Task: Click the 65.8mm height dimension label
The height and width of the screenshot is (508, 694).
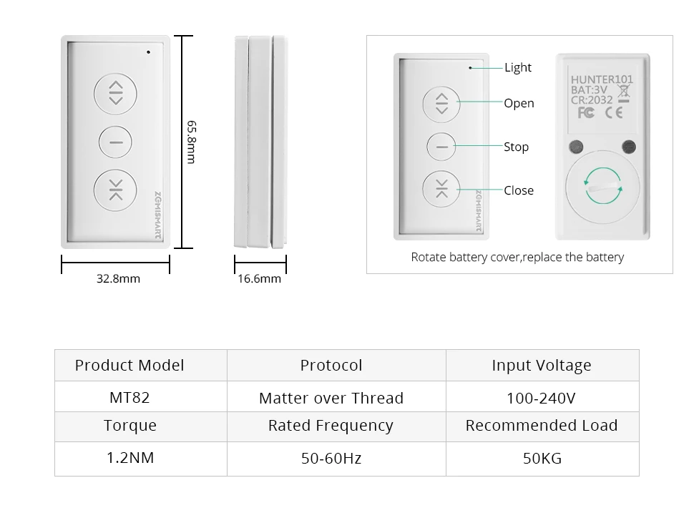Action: pos(192,142)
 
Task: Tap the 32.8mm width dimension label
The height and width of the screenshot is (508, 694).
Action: pos(118,278)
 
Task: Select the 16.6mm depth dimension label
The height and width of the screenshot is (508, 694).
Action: pos(259,278)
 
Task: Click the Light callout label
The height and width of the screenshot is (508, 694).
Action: pos(518,67)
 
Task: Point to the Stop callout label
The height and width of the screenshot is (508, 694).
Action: pos(516,147)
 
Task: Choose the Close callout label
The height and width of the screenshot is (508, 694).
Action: pos(519,190)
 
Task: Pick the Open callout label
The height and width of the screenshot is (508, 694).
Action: pos(519,103)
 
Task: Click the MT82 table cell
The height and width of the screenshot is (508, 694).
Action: pos(129,397)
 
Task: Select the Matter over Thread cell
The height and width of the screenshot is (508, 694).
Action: pos(331,398)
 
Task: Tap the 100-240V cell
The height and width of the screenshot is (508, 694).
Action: pos(542,398)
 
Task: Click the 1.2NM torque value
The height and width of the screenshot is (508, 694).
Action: pos(130,457)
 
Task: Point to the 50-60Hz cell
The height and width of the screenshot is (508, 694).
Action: pos(331,458)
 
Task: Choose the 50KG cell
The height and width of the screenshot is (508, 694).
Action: pos(542,458)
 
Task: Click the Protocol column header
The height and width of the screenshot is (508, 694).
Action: pos(331,365)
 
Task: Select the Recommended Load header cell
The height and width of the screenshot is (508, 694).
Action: pos(542,426)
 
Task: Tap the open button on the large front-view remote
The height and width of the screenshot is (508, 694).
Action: pos(116,92)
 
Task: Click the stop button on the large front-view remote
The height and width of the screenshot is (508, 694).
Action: pos(116,142)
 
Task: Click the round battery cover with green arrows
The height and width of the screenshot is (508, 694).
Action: pos(602,185)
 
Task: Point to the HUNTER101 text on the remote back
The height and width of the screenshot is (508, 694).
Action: pos(602,79)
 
